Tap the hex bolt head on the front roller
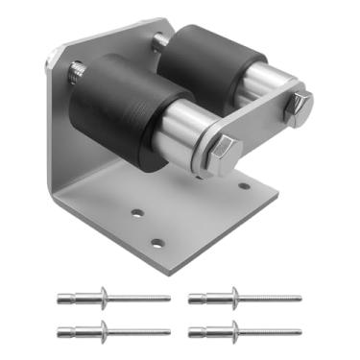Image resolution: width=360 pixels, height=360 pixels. pyautogui.click(x=226, y=149)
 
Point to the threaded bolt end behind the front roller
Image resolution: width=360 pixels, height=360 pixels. pyautogui.click(x=77, y=71)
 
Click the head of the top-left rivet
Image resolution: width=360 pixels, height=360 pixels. pyautogui.click(x=103, y=297)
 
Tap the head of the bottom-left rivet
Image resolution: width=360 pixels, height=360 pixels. pyautogui.click(x=103, y=331)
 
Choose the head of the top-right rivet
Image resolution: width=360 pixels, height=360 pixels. pyautogui.click(x=232, y=297)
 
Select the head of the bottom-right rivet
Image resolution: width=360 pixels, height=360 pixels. pyautogui.click(x=232, y=331)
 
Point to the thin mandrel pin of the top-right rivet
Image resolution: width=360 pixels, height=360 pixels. pyautogui.click(x=274, y=297)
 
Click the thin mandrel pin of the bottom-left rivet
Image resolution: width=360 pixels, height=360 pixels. pyautogui.click(x=144, y=331)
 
